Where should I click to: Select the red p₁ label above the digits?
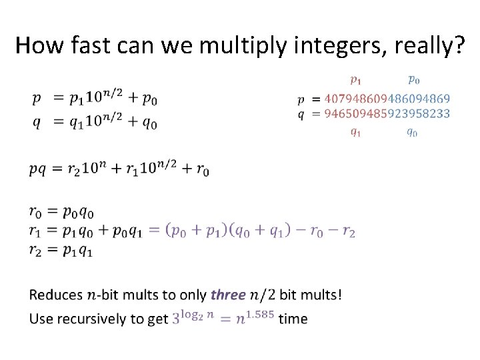pos(356,81)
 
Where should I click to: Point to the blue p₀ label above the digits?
pos(413,81)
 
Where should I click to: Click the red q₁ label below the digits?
pos(356,132)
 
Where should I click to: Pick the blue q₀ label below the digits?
pos(413,132)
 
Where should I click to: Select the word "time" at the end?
pos(293,318)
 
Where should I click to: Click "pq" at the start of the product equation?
pos(38,169)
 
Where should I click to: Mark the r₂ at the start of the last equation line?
pos(37,251)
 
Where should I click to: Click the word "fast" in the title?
pos(75,45)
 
